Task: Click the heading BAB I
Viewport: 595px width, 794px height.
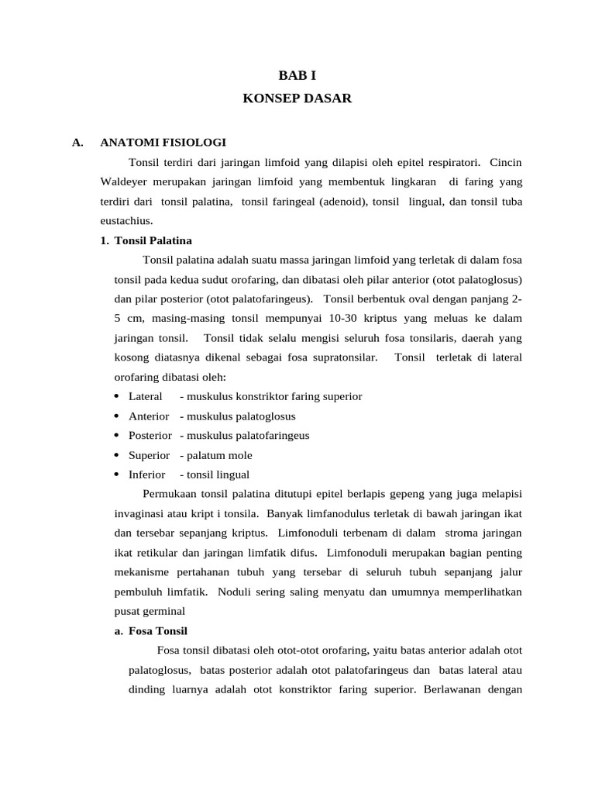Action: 297,75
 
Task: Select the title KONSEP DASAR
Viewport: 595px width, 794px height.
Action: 297,98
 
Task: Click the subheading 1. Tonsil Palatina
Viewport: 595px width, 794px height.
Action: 146,240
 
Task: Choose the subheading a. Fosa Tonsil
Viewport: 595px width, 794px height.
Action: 150,630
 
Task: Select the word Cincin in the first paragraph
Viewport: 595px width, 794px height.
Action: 507,162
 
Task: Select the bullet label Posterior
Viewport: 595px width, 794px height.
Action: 150,435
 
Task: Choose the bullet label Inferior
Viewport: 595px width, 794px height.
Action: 146,475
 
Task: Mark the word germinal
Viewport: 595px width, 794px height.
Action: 163,611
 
